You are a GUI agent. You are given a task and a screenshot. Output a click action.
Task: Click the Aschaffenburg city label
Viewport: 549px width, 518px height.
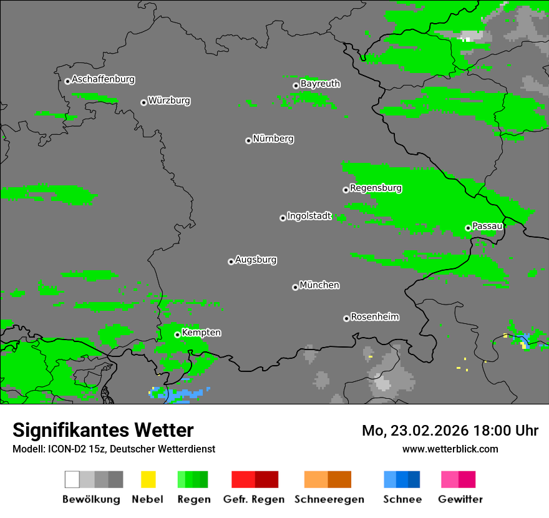103,79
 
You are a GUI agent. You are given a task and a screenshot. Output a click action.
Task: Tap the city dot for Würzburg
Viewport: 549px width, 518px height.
143,102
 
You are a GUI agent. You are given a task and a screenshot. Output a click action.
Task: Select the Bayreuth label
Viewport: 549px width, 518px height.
320,84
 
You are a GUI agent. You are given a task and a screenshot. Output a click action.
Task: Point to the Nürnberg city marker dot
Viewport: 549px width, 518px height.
248,140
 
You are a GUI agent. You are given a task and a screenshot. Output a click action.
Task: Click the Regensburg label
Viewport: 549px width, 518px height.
376,188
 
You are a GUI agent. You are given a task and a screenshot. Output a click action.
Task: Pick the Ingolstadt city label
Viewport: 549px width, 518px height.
309,216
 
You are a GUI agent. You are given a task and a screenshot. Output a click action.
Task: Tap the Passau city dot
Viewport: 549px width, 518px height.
468,228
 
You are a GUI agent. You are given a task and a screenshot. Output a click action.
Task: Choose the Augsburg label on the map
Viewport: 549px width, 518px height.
256,260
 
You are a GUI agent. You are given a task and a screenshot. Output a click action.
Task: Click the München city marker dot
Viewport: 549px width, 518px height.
295,287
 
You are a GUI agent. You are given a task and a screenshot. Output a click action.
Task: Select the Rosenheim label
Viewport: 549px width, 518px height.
375,316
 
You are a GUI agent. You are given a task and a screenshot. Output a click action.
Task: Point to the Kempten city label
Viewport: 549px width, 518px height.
201,333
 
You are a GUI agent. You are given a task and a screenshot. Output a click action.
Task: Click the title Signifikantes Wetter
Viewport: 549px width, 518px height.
103,430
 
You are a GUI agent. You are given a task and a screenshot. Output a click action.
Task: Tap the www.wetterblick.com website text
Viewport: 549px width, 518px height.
450,449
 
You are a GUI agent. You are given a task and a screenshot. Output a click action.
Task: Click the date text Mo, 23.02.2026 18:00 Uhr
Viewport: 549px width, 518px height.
450,431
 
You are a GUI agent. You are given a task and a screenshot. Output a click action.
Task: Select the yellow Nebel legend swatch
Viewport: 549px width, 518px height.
148,479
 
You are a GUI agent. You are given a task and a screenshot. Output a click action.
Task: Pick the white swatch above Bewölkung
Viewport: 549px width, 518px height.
72,479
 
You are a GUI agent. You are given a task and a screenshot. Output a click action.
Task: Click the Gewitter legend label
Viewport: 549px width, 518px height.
460,499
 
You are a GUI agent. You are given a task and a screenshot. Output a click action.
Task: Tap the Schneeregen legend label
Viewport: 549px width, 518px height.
329,499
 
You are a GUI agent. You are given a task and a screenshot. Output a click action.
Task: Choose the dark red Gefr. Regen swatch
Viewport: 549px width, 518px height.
266,479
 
